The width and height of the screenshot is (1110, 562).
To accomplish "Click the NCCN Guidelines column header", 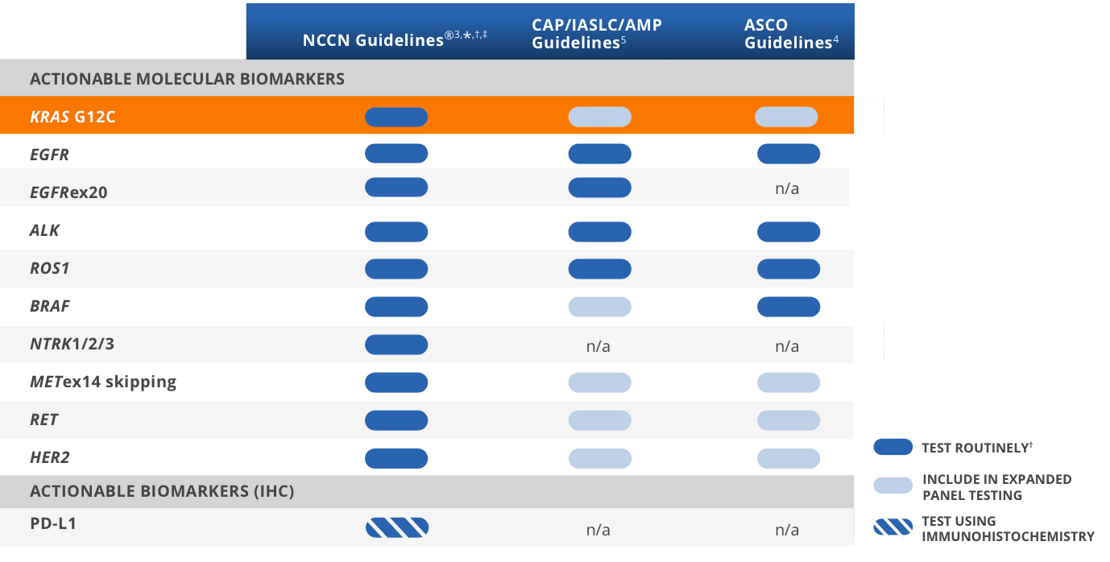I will point(395,40).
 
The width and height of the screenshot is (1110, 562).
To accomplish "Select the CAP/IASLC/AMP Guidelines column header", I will point(596,34).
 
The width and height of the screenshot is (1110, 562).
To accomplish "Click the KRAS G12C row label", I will point(72,117).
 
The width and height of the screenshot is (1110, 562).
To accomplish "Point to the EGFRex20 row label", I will point(68,192).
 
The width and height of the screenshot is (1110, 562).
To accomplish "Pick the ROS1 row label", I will point(50,268).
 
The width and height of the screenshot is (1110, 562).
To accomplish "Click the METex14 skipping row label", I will point(103,382).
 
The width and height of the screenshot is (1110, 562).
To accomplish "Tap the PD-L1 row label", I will point(53,523).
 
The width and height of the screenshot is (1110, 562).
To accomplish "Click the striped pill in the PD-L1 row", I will point(396,527).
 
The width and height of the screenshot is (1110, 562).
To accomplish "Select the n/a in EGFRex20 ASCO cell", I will point(786,189).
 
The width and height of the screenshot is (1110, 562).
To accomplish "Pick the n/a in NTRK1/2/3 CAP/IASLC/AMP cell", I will point(598,346).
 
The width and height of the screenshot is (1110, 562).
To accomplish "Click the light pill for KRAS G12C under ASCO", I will point(786,117).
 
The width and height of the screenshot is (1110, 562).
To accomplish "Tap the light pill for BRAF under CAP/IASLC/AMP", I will point(599,306).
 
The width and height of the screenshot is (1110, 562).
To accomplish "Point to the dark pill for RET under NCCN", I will point(396,419).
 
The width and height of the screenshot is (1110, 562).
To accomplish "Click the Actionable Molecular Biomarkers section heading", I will point(187,79).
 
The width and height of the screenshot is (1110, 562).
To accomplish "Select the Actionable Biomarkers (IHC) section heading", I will point(162,491).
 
